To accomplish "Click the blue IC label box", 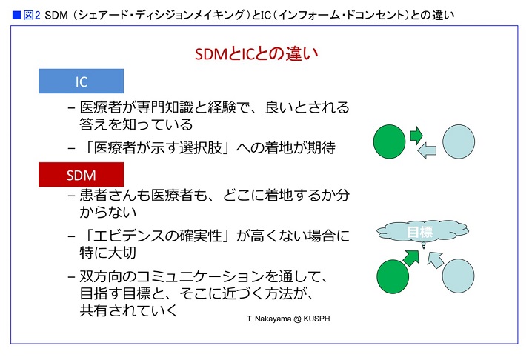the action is (x=81, y=81).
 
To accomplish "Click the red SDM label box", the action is (x=81, y=175).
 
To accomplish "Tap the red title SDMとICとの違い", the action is (x=256, y=53).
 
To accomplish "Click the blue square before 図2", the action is (x=16, y=16).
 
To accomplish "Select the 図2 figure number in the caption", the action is (x=32, y=16).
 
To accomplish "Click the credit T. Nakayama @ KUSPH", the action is (x=288, y=319).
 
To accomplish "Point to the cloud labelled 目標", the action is (x=422, y=232).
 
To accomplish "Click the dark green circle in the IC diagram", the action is (x=389, y=141).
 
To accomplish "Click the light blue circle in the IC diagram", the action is (x=459, y=141).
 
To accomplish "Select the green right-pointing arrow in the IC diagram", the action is (x=416, y=135).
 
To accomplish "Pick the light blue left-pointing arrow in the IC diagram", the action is (x=427, y=150).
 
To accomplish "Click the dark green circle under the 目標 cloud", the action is (x=393, y=276).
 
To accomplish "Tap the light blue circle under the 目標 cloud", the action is (x=459, y=276).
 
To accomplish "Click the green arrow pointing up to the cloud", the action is (x=411, y=258).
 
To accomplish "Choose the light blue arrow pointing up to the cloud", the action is (x=435, y=259).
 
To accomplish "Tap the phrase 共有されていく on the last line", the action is (x=129, y=310).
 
